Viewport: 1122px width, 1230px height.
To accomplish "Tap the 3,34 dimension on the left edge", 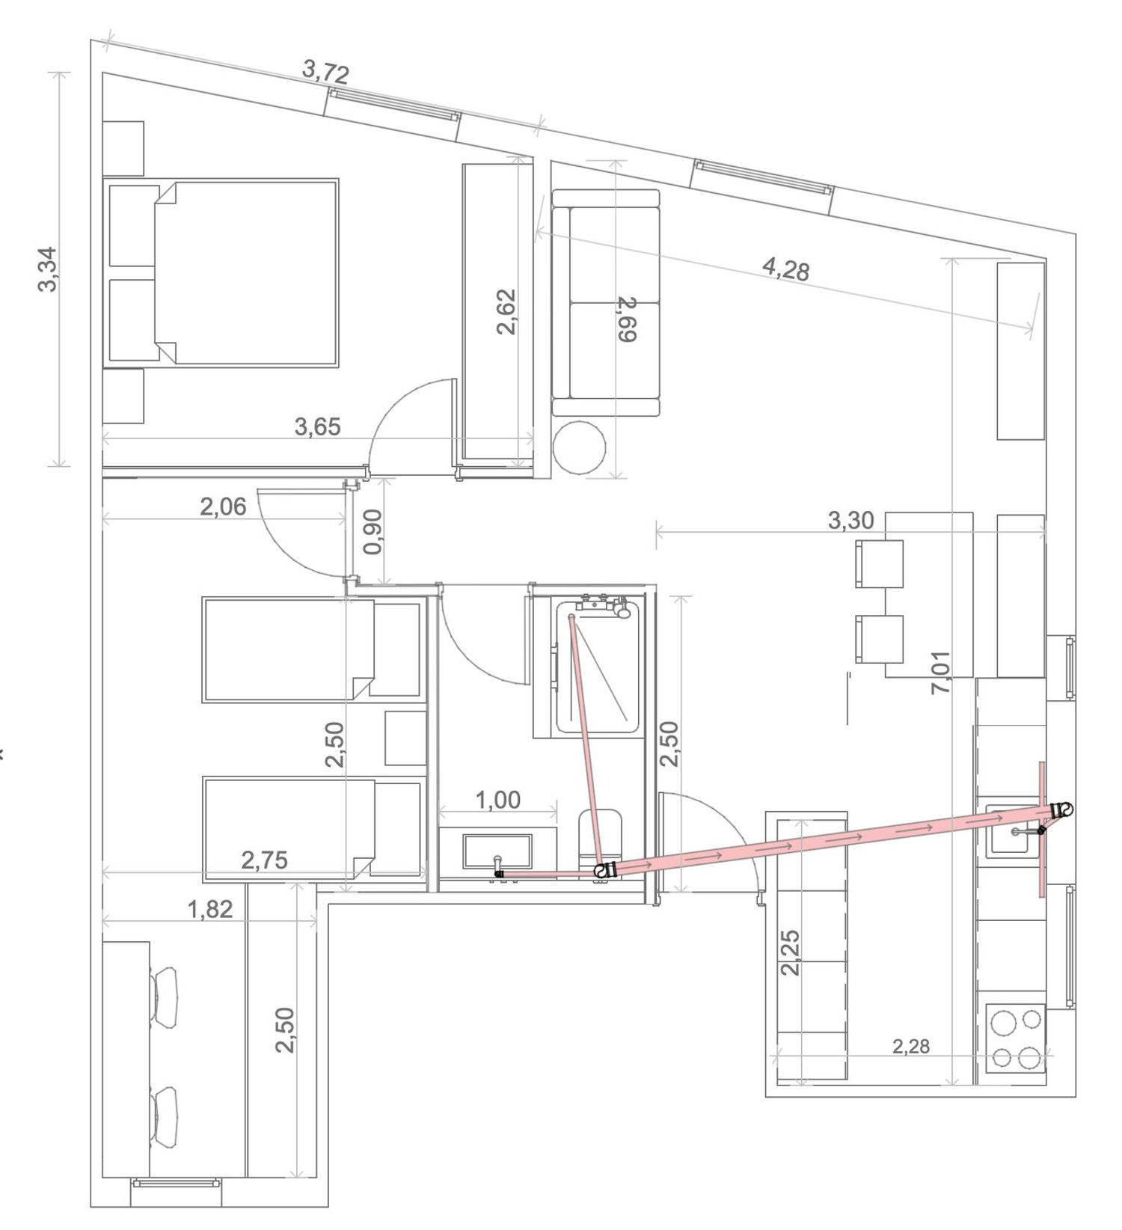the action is [47, 269].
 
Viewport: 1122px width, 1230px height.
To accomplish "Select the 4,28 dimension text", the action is [786, 269].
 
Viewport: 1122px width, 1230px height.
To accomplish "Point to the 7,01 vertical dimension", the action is [941, 672].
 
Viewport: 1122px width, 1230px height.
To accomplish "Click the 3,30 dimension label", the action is [850, 520].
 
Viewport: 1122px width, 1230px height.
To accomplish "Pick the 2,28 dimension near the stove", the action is [911, 1046].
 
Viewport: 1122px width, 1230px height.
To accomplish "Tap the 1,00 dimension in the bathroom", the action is [498, 800].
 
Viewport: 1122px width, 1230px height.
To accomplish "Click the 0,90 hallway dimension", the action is [372, 531].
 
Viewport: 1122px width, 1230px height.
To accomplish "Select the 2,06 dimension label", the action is [223, 507].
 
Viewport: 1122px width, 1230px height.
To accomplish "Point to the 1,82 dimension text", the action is [210, 909].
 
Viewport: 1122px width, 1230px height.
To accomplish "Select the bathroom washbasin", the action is [497, 853].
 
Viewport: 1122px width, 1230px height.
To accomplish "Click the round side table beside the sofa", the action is [579, 447].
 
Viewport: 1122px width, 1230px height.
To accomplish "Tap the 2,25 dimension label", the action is [790, 952].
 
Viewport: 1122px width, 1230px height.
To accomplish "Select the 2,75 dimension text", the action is [264, 860].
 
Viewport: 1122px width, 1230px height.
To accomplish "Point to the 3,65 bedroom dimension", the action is [317, 426].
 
